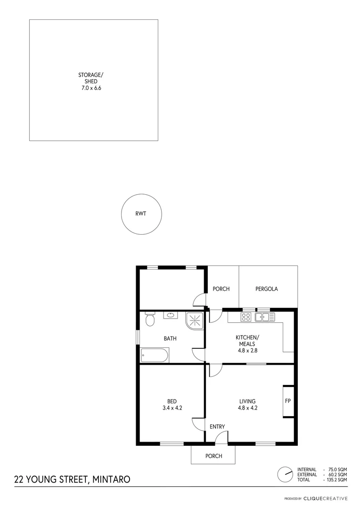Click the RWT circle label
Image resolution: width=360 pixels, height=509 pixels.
(x=140, y=213)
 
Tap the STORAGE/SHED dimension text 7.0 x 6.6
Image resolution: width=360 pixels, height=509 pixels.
(x=90, y=87)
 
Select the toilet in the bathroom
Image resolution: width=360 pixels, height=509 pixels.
(x=149, y=320)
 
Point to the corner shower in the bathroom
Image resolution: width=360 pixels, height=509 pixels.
(x=194, y=320)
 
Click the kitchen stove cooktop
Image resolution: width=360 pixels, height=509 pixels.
(x=246, y=317)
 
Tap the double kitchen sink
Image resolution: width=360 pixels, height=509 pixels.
(x=265, y=317)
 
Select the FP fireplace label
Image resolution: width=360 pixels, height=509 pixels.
(x=288, y=402)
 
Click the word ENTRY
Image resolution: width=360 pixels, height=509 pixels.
(x=217, y=427)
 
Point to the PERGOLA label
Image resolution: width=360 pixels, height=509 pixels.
(x=266, y=289)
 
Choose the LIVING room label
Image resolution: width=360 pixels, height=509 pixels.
(x=247, y=402)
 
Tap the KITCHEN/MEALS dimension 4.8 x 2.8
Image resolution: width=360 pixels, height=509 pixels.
(x=247, y=350)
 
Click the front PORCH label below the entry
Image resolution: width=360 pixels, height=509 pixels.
(x=213, y=456)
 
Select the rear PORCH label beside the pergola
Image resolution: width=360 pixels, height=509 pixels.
(x=221, y=289)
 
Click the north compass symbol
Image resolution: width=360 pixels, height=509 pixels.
(x=285, y=475)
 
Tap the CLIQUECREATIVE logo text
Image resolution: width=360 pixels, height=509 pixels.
(x=325, y=498)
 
